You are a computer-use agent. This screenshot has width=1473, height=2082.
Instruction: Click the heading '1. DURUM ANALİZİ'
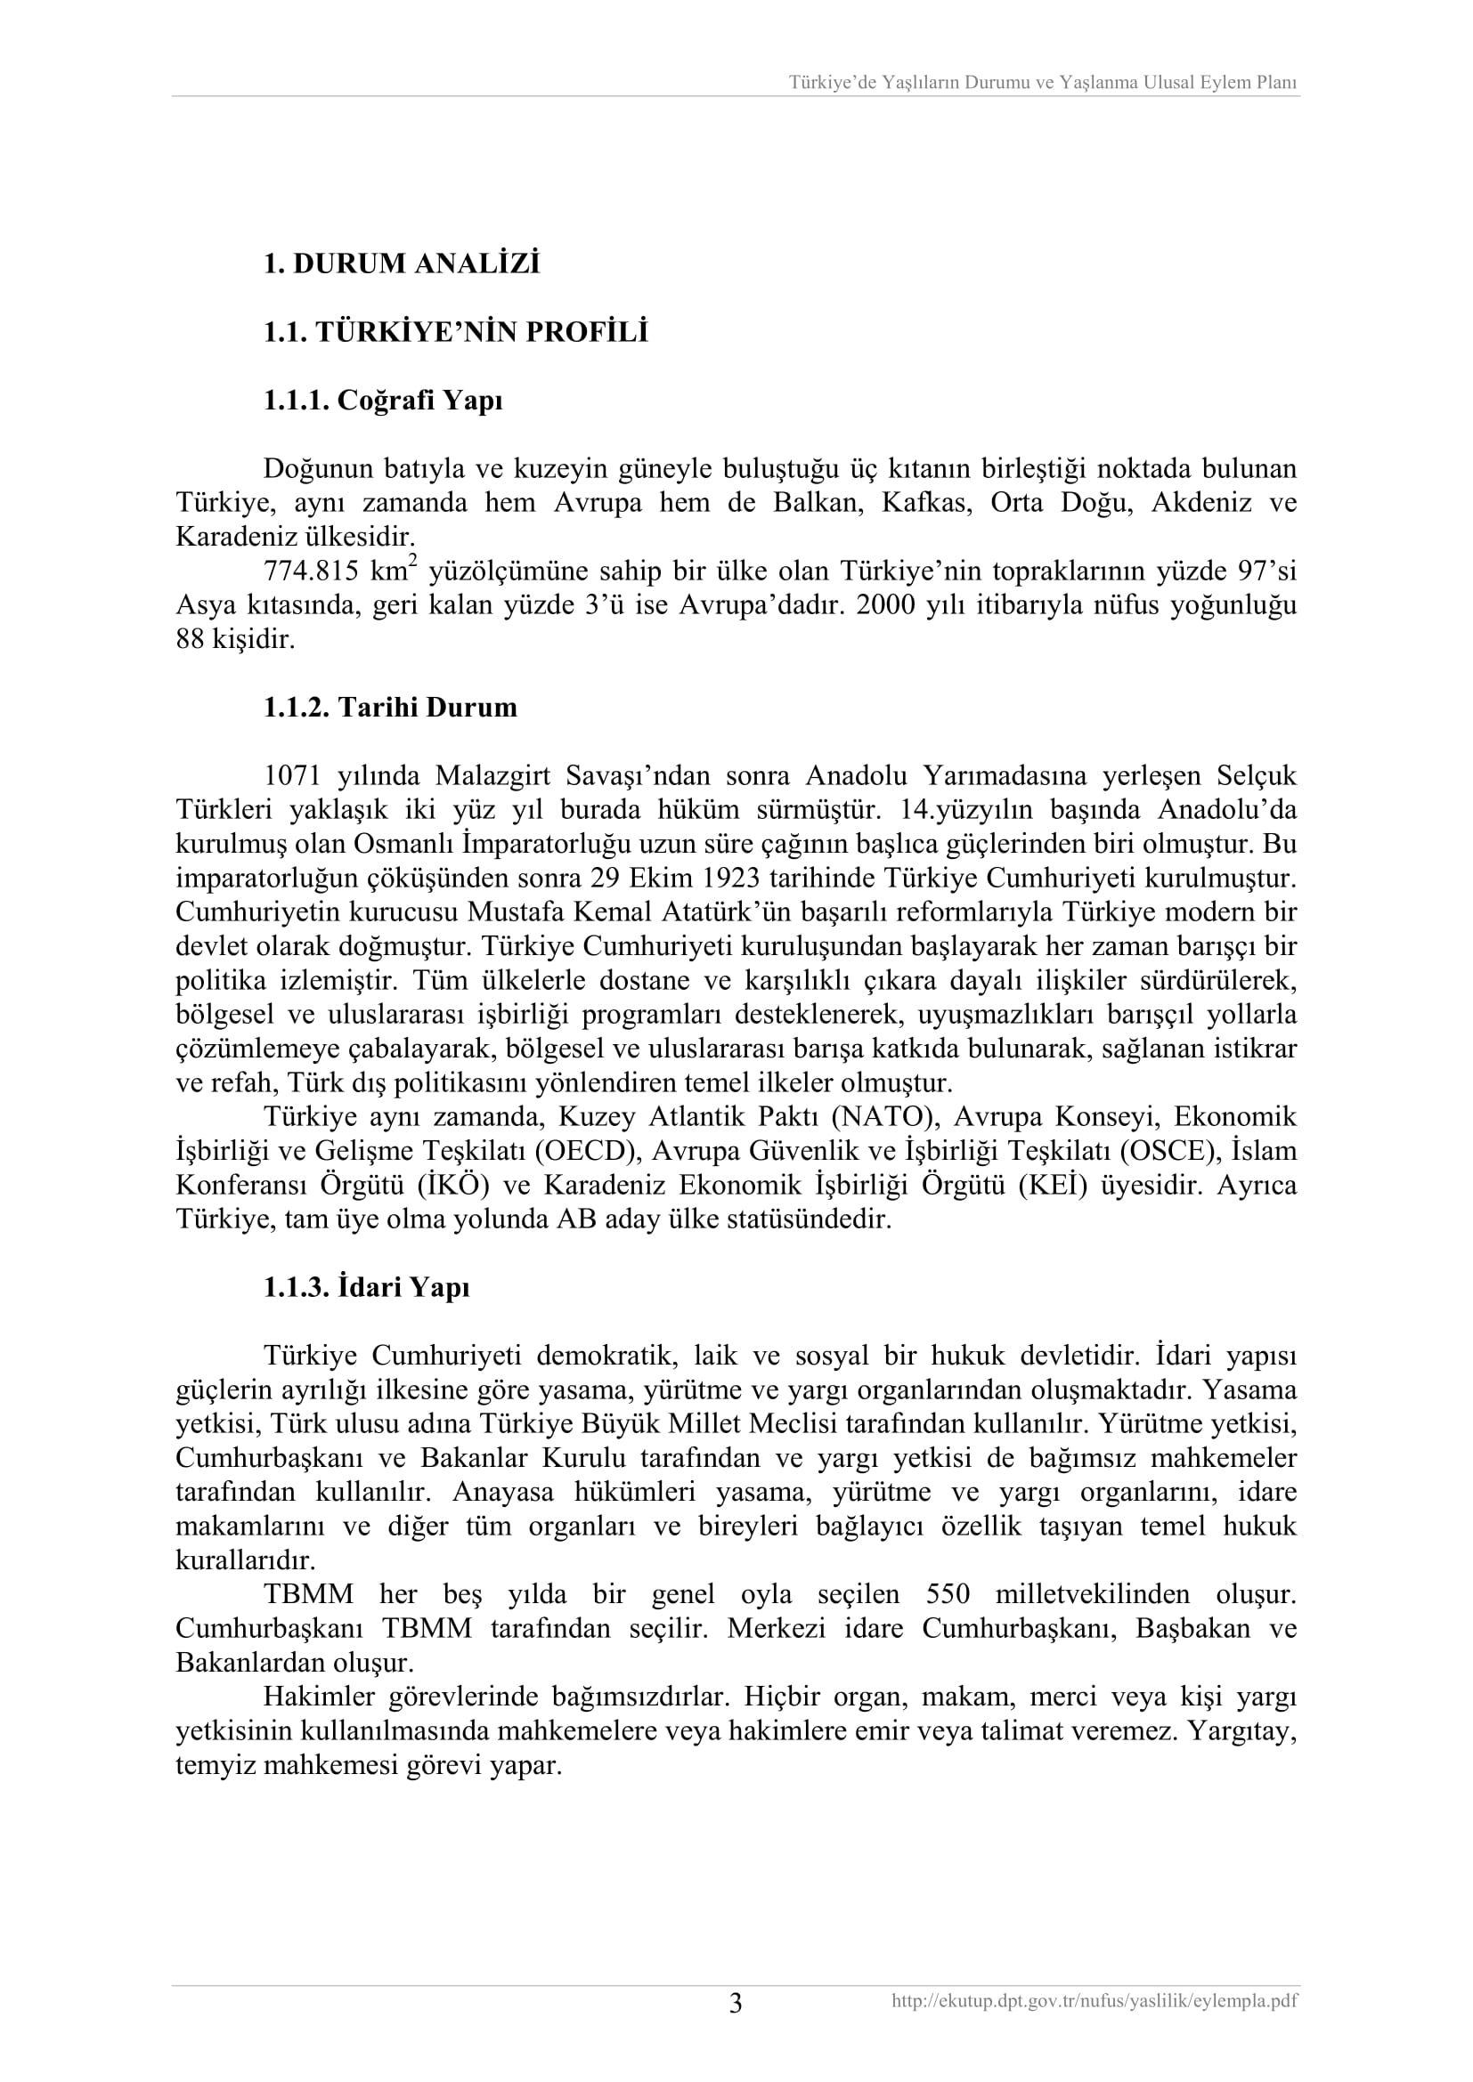coord(401,263)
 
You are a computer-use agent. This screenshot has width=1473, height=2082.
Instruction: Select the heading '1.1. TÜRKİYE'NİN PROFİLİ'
coord(455,333)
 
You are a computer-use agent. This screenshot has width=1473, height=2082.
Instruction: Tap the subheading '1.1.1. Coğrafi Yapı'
coord(383,401)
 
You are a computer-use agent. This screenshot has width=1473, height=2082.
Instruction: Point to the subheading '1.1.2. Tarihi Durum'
coord(390,708)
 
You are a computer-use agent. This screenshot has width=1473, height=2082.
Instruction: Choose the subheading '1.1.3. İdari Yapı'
coord(366,1288)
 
